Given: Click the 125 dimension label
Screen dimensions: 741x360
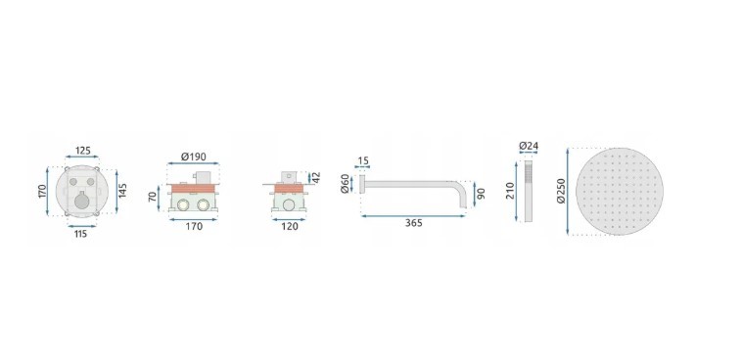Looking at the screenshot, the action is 82,151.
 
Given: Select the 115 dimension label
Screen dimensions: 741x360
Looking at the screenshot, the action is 81,234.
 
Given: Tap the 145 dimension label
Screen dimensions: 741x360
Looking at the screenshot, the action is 123,191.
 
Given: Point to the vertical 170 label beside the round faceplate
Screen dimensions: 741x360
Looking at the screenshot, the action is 41,191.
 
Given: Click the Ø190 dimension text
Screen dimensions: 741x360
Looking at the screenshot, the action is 194,157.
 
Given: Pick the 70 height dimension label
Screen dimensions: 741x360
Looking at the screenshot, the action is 152,196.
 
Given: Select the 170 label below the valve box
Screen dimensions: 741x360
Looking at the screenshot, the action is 194,226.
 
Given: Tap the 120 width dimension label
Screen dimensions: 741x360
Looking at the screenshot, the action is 290,226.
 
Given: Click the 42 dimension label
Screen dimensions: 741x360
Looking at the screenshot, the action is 316,177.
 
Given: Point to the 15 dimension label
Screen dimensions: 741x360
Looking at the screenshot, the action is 363,161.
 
